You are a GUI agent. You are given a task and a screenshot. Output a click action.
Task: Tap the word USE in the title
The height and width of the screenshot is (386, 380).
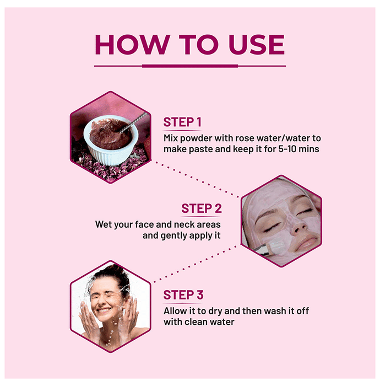pyautogui.click(x=257, y=45)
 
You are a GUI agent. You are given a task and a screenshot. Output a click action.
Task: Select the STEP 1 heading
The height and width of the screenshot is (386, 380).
pyautogui.click(x=182, y=122)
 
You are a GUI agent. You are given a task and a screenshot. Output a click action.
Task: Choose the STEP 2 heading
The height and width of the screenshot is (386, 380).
pyautogui.click(x=202, y=208)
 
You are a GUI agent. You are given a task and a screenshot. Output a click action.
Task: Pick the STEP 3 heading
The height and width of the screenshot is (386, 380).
pyautogui.click(x=183, y=295)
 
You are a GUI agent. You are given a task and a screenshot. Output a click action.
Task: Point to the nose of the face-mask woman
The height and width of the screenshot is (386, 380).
pyautogui.click(x=297, y=226)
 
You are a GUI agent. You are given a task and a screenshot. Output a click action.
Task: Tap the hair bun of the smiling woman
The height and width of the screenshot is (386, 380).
pyautogui.click(x=116, y=269)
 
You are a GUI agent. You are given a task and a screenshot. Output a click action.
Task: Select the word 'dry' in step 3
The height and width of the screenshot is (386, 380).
pyautogui.click(x=215, y=312)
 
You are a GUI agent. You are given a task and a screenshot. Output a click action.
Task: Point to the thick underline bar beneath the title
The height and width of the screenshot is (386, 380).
pyautogui.click(x=190, y=66)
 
